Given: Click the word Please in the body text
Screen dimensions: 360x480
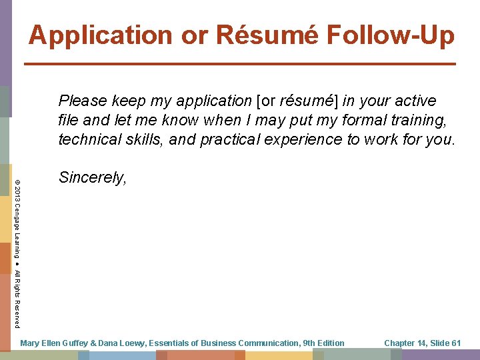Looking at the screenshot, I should tap(83, 101).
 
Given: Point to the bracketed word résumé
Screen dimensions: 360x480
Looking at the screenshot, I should tap(307, 101).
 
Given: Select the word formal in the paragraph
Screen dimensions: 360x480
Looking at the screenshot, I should tap(367, 121).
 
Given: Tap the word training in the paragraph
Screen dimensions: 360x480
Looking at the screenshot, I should tap(422, 121).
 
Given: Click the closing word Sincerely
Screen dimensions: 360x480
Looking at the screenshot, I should tap(92, 177).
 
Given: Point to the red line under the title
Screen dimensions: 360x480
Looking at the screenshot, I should tap(240, 63).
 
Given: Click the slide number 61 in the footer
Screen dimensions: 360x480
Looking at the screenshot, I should tap(456, 343).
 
